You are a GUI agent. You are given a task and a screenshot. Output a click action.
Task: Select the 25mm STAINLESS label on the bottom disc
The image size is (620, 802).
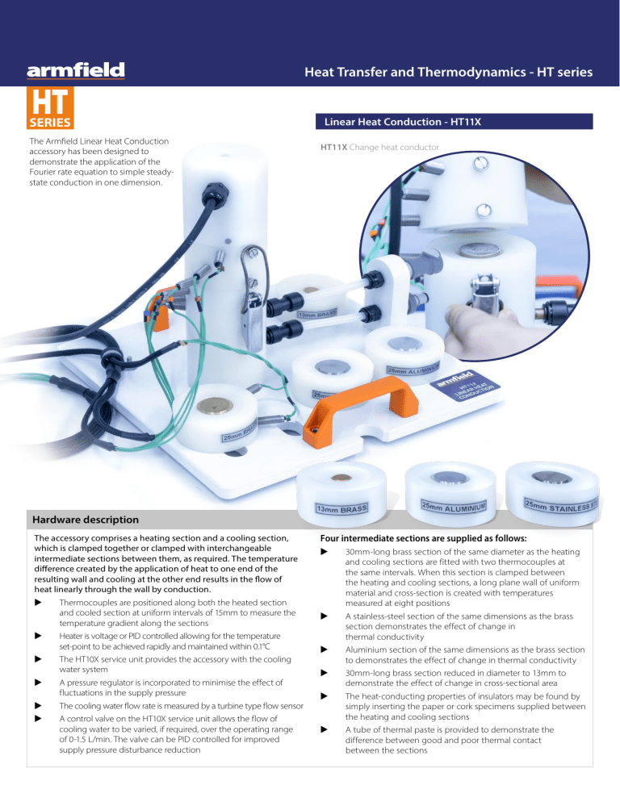(562, 506)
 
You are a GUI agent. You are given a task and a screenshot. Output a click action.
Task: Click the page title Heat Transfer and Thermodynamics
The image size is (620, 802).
(448, 73)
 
